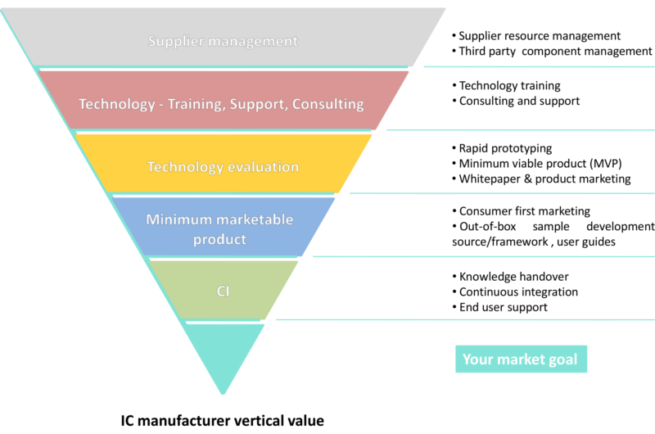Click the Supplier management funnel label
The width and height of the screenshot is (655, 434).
(223, 40)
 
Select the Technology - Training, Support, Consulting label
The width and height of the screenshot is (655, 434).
(221, 104)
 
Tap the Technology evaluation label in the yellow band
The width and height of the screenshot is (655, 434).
(223, 167)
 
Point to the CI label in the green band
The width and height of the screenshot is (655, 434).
(223, 290)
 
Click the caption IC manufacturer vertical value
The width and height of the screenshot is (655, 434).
(222, 422)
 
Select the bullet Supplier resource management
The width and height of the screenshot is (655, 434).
(540, 36)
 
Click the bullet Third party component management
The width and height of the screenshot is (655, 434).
(544, 52)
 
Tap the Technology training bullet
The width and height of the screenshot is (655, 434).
(510, 85)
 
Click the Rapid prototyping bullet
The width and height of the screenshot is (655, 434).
(505, 148)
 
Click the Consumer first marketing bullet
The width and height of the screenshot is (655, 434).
(524, 211)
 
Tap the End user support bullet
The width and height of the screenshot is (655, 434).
(504, 307)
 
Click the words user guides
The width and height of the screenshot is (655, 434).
(590, 242)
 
